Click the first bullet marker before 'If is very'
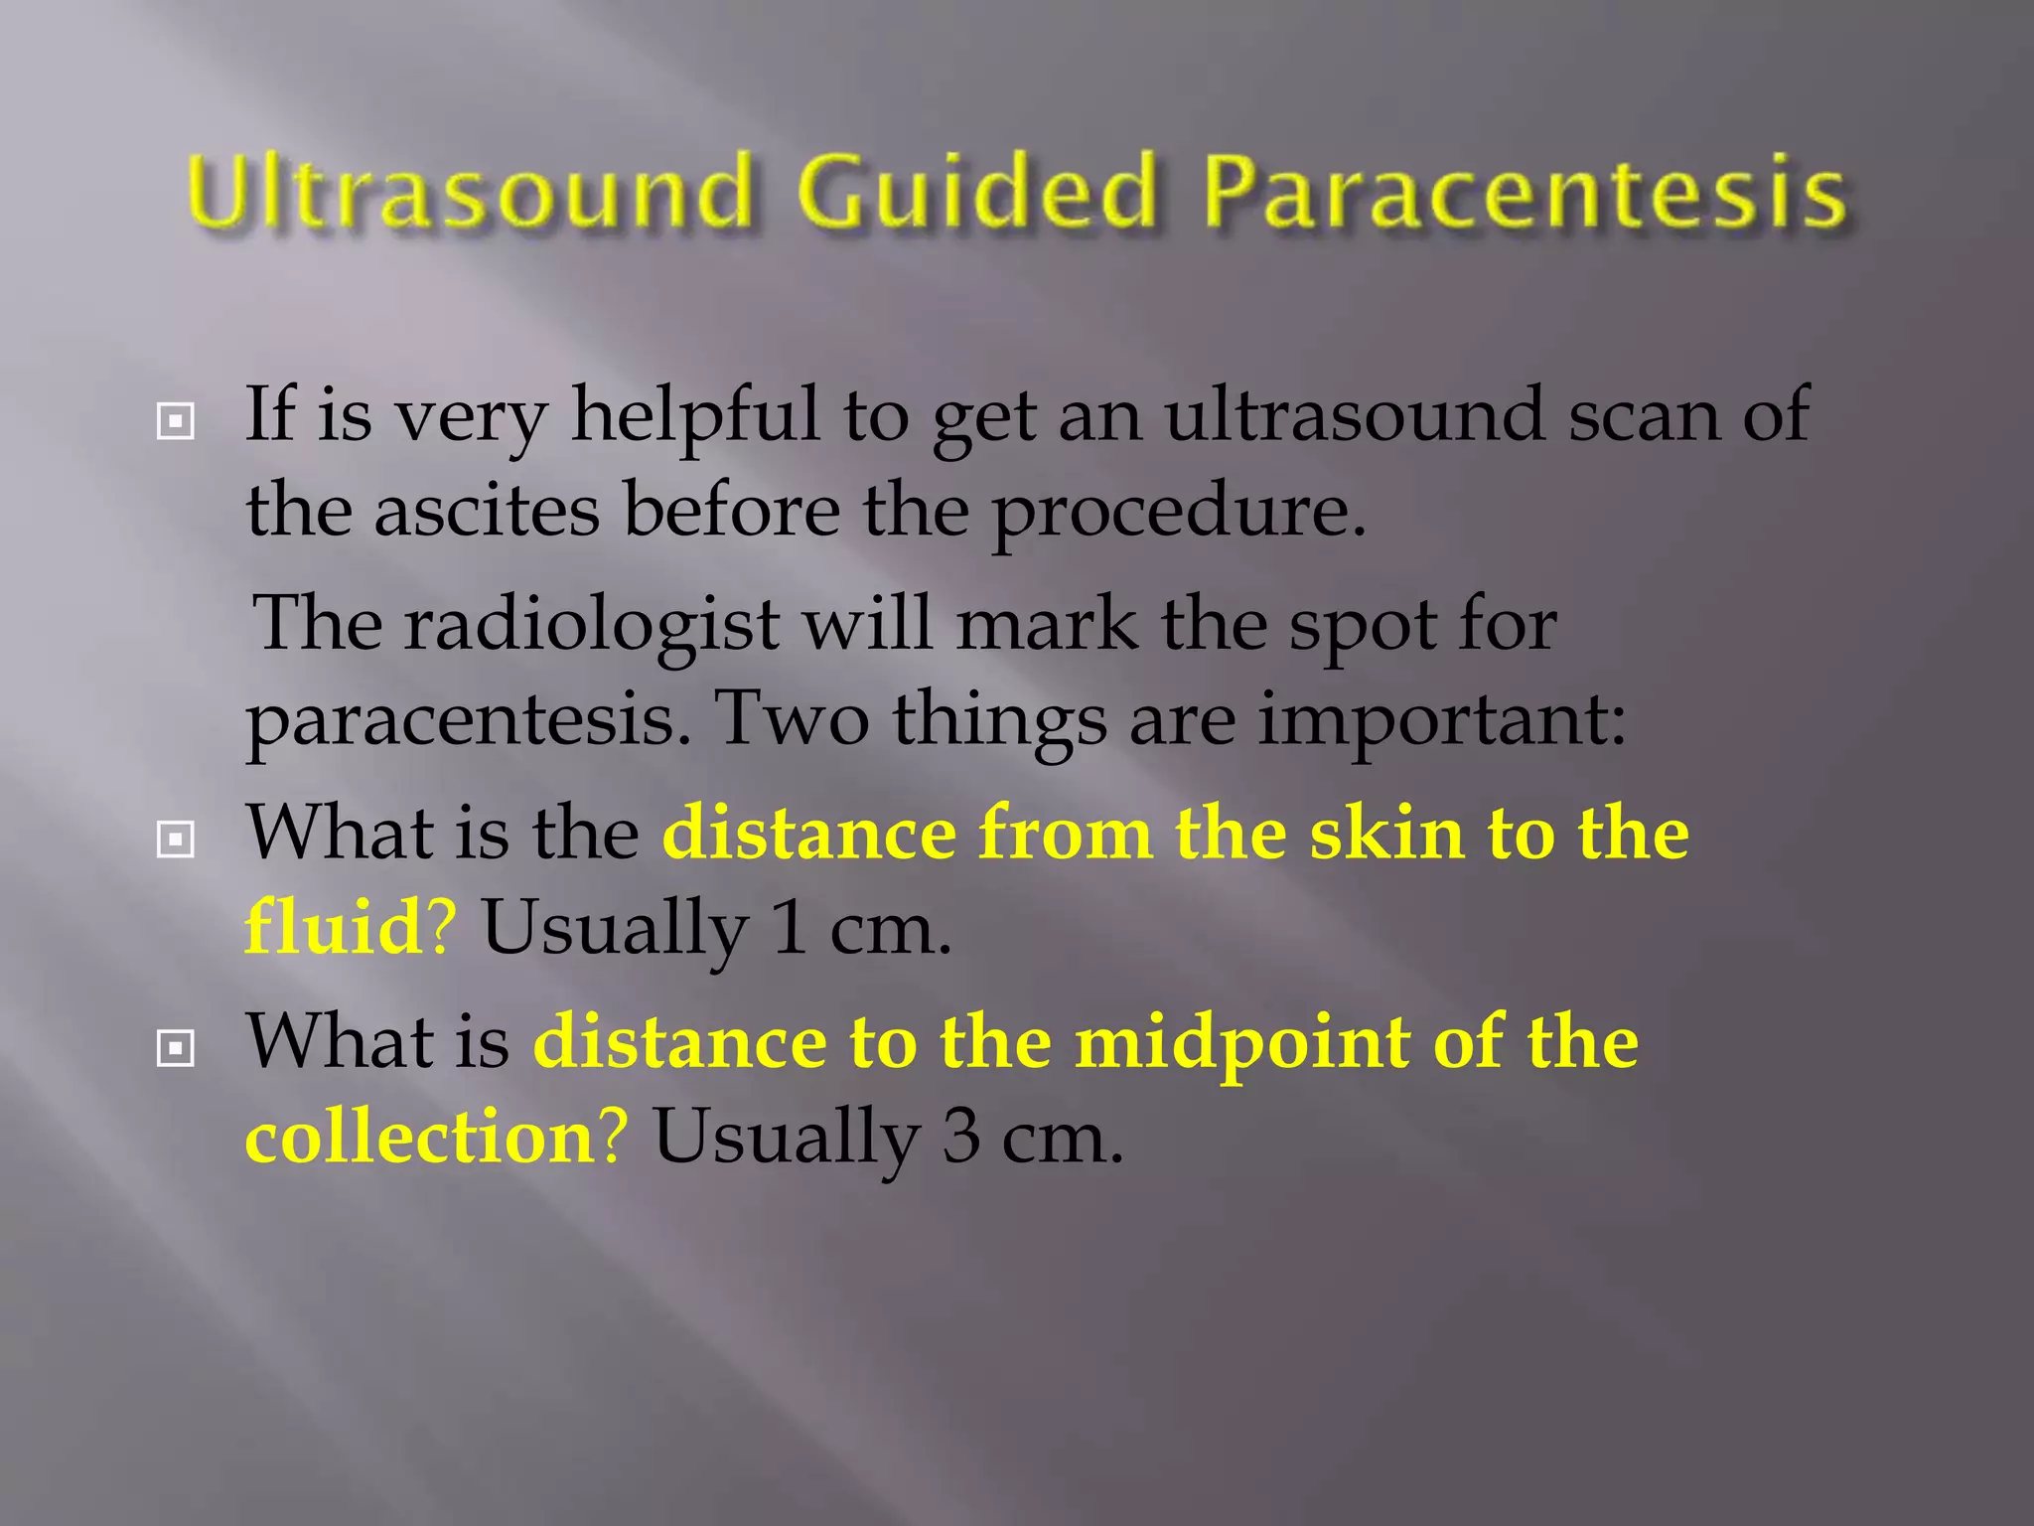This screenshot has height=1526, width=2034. [x=176, y=422]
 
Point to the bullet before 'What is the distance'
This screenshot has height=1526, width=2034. [x=176, y=840]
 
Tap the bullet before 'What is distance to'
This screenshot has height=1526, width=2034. [x=176, y=1048]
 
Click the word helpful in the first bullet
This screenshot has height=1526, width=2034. [x=695, y=415]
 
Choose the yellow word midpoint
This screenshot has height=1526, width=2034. [x=1242, y=1042]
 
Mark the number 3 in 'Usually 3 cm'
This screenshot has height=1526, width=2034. [x=960, y=1138]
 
